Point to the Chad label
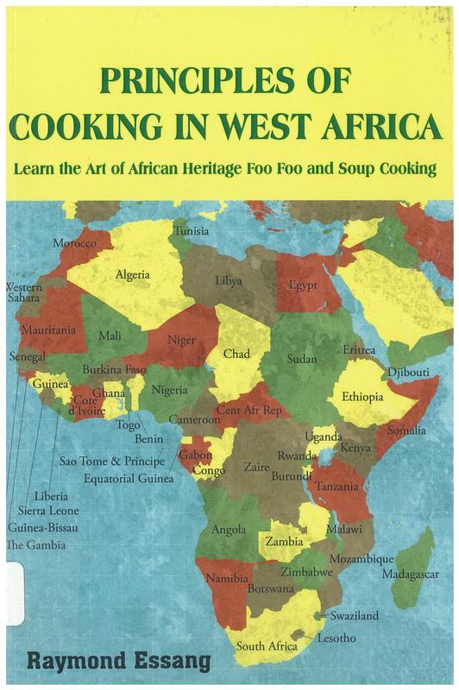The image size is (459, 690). (236, 354)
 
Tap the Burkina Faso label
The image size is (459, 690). (114, 369)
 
